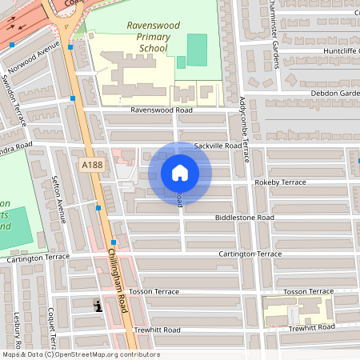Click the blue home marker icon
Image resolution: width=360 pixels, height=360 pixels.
coord(180,173)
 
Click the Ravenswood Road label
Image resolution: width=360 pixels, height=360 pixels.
coord(162,110)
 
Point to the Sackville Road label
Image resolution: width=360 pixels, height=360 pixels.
coord(218,146)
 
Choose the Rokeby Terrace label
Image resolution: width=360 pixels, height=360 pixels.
coord(280,182)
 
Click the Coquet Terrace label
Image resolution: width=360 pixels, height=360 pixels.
coord(51,328)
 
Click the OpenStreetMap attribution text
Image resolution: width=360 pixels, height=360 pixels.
coord(80,354)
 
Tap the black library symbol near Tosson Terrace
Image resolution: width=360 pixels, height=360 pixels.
coord(98,305)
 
